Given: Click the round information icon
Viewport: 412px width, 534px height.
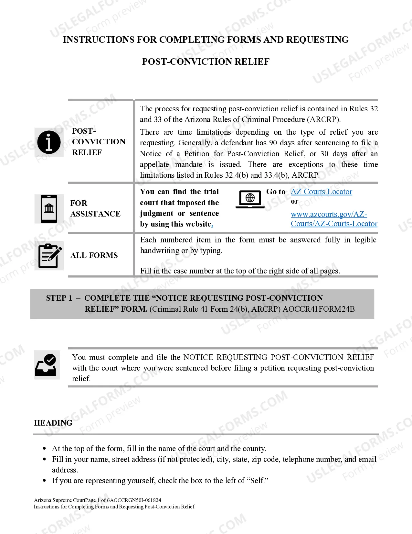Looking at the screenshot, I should (49, 142).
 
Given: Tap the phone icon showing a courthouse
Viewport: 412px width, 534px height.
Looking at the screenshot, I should (49, 209).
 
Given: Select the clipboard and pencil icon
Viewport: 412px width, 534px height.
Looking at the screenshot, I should (49, 256).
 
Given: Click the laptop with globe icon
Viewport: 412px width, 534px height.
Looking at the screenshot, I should (250, 199).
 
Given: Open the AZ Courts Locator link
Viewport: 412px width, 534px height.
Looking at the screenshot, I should (321, 192).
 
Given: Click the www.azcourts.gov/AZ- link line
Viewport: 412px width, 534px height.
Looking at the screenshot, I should (329, 214).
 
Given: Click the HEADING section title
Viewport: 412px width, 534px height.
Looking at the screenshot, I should (53, 423).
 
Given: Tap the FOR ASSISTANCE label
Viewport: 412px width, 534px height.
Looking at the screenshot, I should (95, 208).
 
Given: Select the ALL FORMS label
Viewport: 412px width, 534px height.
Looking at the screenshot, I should (94, 255).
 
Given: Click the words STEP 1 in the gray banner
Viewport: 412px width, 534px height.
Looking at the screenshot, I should (59, 298).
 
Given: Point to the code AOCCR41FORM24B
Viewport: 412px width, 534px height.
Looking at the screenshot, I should (318, 309).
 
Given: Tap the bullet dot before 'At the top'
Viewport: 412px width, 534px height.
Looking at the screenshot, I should (45, 449).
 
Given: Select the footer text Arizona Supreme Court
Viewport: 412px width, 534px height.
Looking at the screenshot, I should (60, 500).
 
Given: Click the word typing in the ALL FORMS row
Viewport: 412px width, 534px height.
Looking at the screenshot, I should (210, 250).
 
